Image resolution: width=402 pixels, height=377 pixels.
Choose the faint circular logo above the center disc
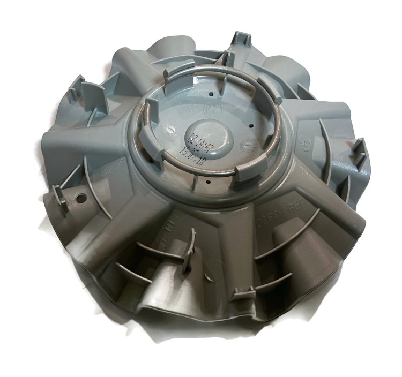(x=211, y=111)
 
